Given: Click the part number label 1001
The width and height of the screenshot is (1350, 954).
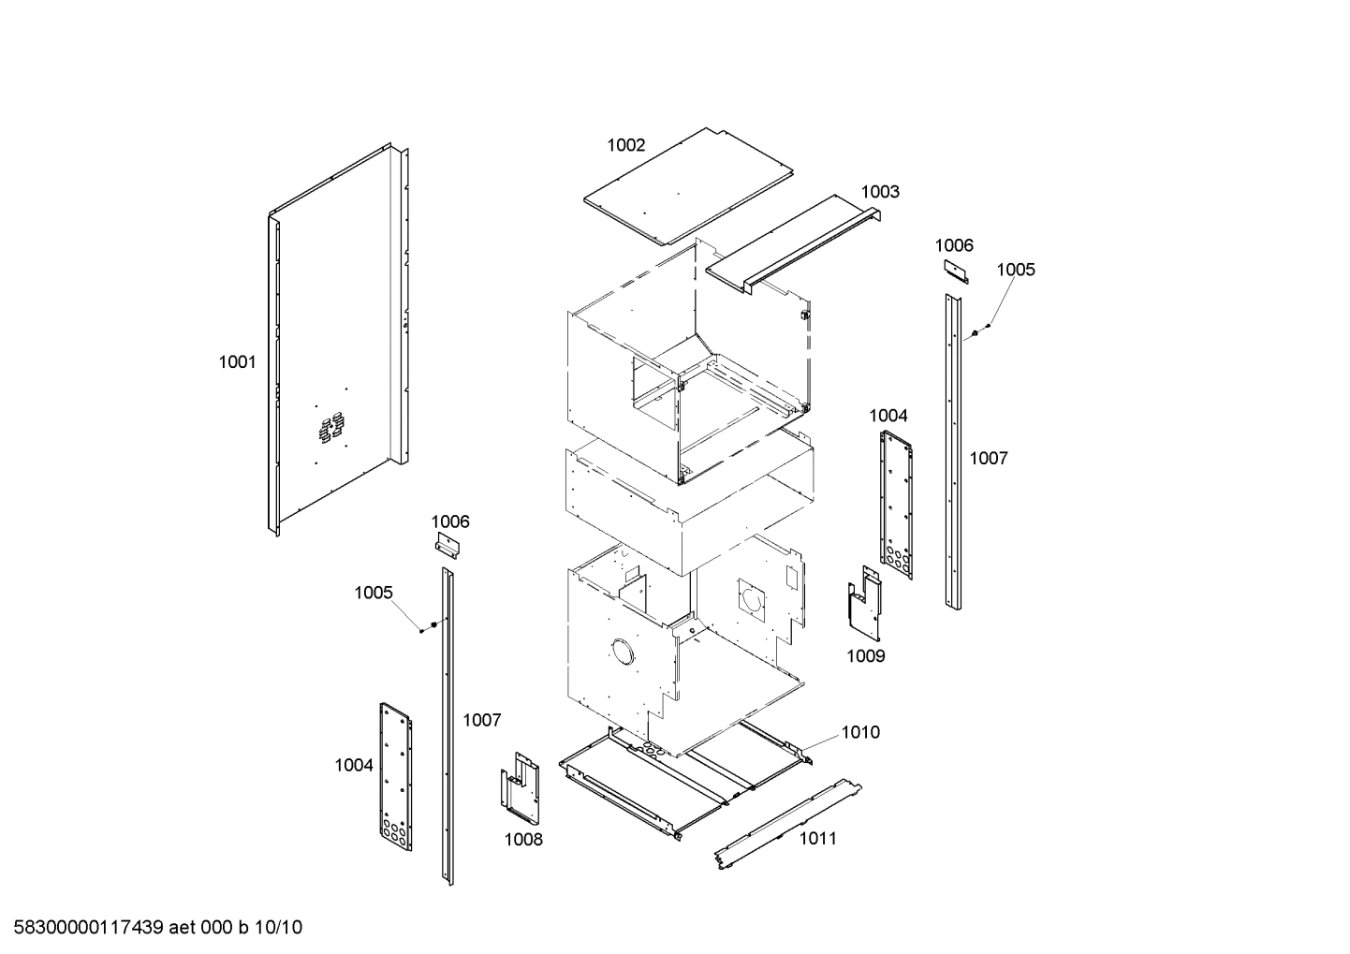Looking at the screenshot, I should pos(237,362).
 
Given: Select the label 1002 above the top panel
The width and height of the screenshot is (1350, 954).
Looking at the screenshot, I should pos(625,145).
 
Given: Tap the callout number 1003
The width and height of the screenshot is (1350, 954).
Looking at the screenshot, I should pos(880,192).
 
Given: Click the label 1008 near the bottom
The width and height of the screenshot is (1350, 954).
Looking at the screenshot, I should pos(523,840).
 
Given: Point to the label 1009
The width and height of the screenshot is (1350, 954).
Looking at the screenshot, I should pos(865,656).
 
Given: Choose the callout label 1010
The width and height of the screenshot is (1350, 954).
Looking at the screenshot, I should pos(859,732).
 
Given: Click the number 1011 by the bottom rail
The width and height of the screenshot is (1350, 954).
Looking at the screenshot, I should pos(817,839).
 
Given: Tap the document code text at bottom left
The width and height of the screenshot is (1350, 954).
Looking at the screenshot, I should pos(152,928).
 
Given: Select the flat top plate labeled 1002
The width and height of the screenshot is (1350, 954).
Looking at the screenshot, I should pos(688,183).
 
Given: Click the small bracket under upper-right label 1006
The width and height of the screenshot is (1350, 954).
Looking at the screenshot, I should pos(956,272).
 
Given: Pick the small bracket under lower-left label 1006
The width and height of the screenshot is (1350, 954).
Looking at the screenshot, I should pos(449,547).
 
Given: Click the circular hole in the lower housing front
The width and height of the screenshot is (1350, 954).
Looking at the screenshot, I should pos(622,651).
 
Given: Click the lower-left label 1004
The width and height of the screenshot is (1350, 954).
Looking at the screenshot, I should pos(354,766).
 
